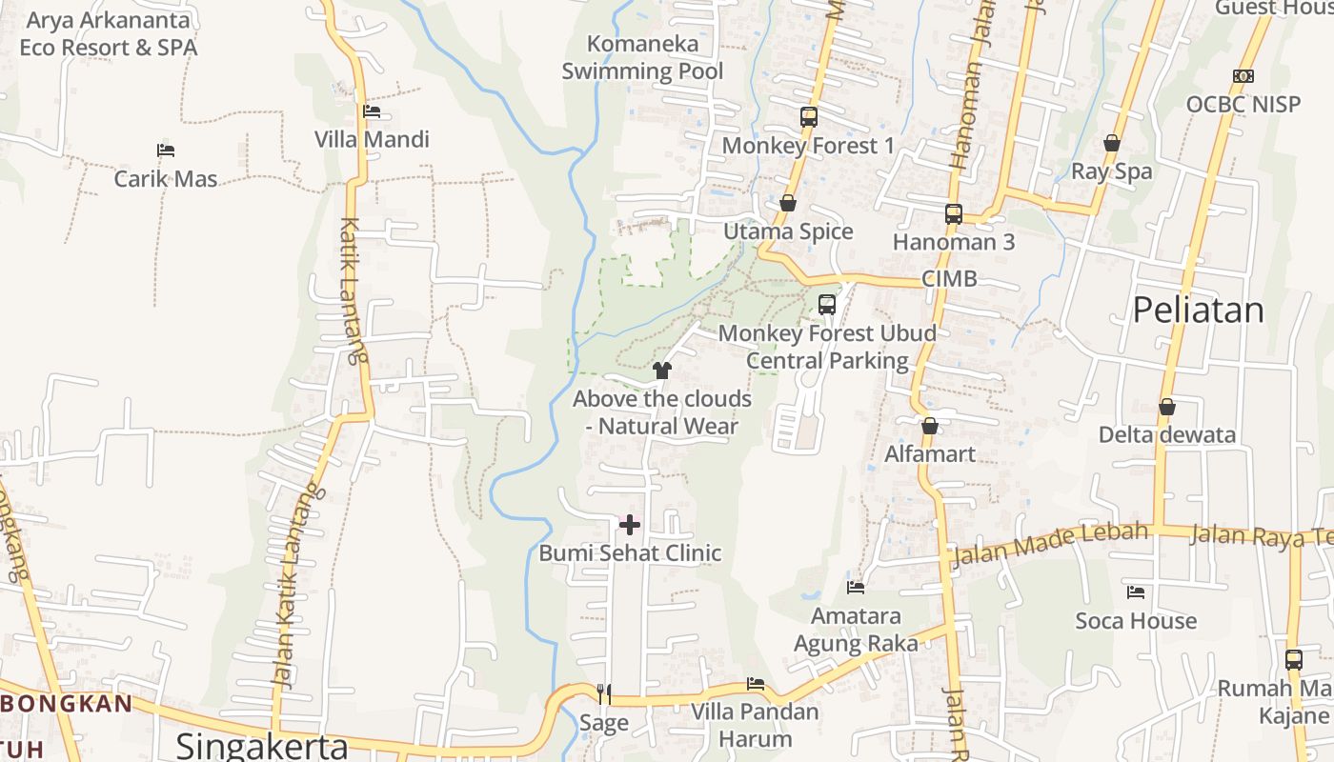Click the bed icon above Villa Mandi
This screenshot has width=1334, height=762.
point(372,111)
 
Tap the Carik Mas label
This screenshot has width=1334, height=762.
point(166,178)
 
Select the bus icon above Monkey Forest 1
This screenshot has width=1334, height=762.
point(809,117)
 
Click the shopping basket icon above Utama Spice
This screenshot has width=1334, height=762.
point(788,203)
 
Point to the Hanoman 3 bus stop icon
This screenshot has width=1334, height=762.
point(954,214)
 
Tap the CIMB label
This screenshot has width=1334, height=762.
point(949,279)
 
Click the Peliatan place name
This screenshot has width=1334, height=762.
point(1198,310)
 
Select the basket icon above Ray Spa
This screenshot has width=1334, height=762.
point(1111,144)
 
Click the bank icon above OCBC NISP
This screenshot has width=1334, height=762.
point(1243,76)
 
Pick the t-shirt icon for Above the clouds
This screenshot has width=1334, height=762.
point(662,370)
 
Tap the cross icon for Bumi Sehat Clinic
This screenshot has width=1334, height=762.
point(630,524)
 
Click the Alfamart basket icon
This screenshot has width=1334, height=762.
point(930,426)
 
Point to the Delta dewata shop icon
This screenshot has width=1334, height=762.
point(1167,408)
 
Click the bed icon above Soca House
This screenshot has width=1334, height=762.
point(1136,592)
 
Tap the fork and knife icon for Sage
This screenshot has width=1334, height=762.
point(603,693)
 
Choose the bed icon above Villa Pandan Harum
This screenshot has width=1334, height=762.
point(756,684)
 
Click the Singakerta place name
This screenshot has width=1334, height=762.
point(262,746)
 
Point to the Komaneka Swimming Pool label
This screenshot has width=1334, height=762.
point(642,57)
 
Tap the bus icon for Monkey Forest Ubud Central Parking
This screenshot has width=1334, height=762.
point(827,305)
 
